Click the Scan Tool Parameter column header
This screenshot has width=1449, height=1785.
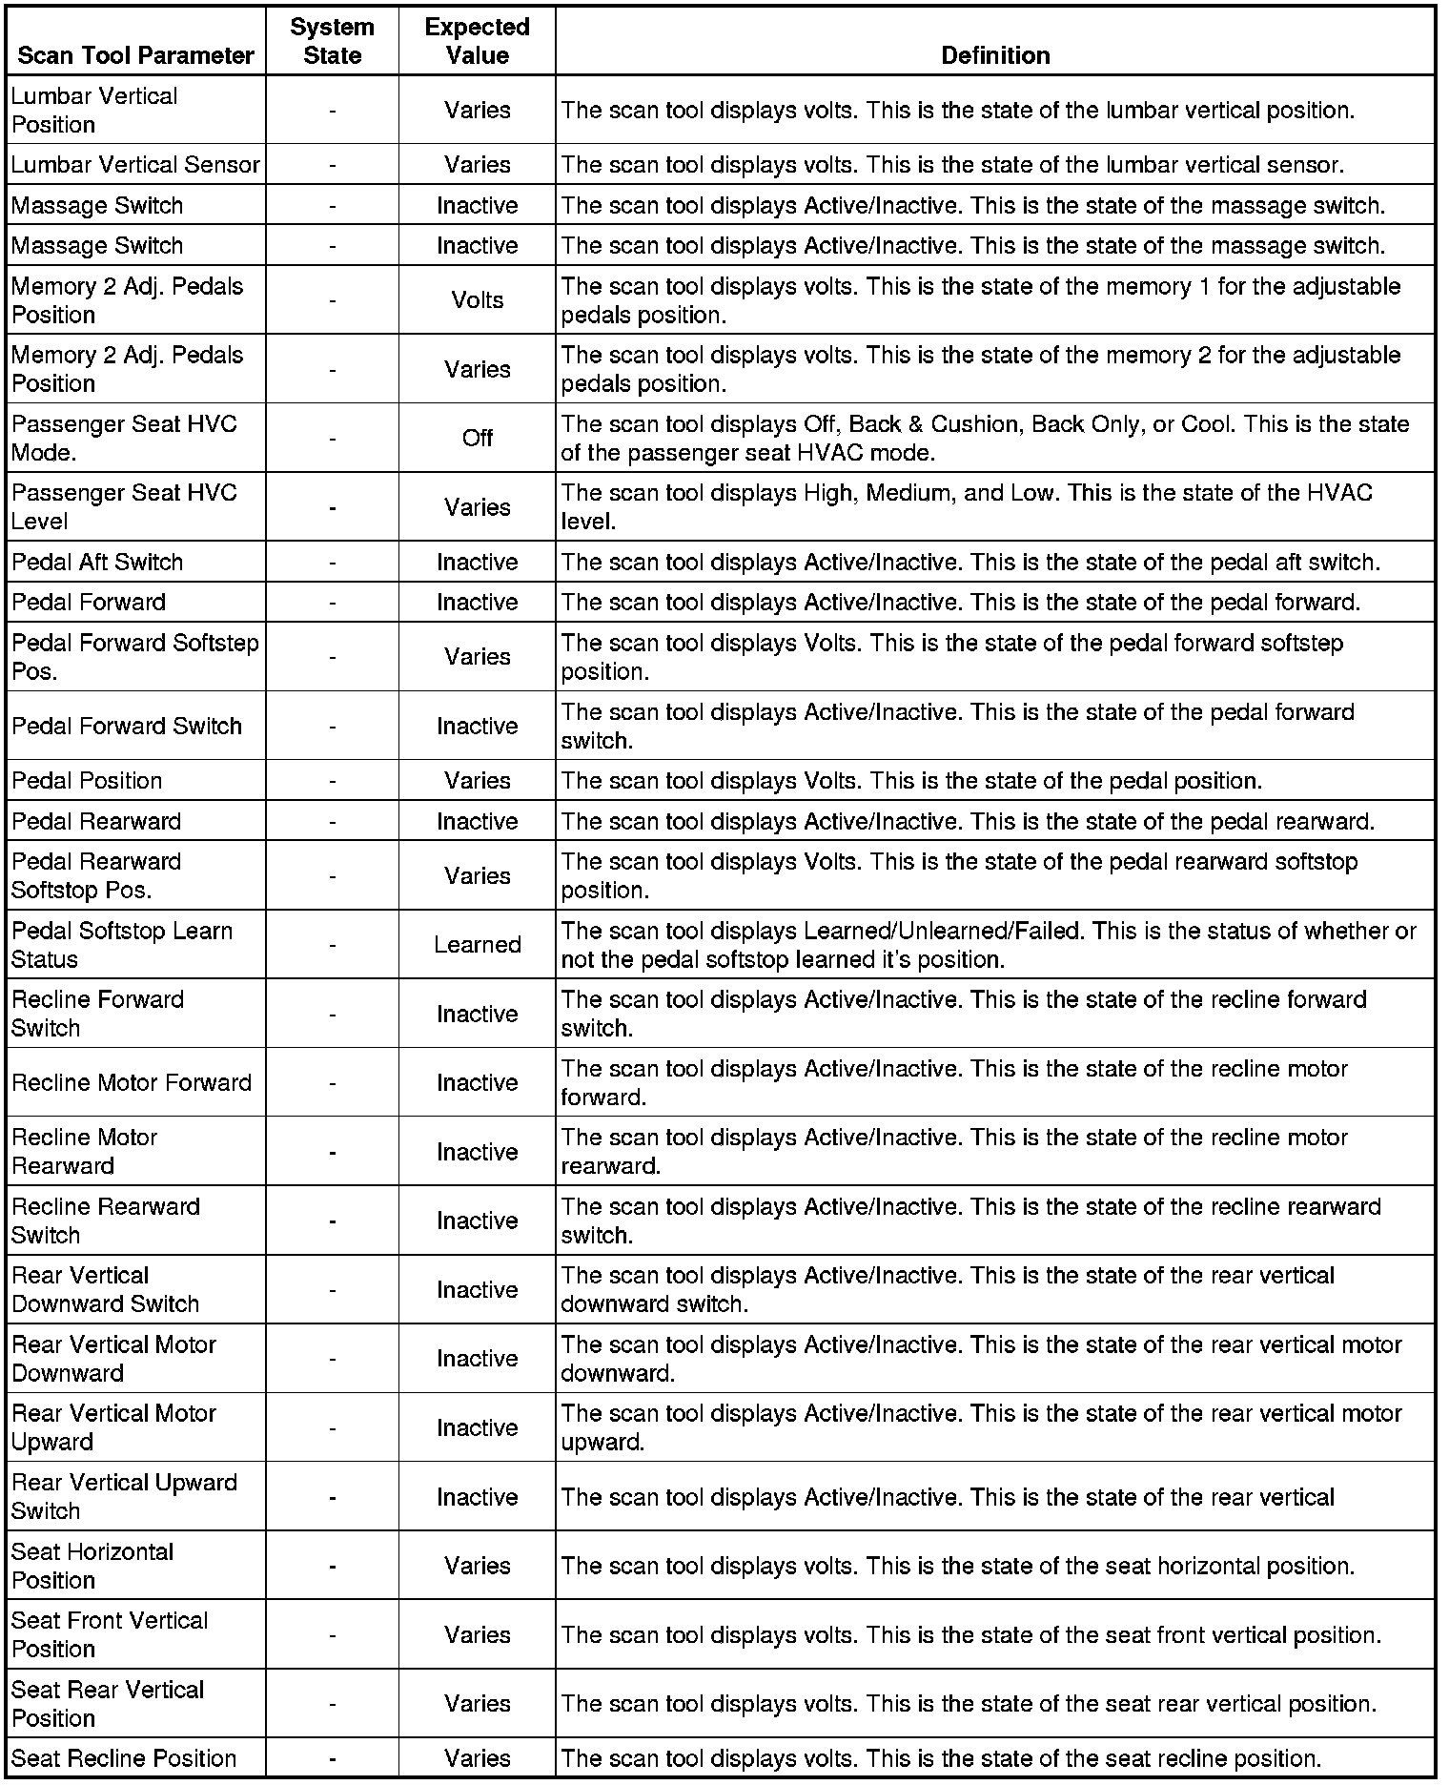coord(135,55)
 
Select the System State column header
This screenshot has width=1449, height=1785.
coord(332,41)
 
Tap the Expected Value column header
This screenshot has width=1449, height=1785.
coord(477,41)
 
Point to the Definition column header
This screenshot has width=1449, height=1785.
coord(994,55)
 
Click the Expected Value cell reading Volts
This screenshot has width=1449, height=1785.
coord(477,300)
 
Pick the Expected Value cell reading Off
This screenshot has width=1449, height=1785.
coord(477,438)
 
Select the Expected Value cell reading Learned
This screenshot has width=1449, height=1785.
coord(477,945)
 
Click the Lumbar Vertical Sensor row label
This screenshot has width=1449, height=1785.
coord(135,165)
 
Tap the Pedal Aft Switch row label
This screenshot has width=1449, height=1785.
coord(97,563)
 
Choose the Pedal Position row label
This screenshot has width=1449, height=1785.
coord(87,781)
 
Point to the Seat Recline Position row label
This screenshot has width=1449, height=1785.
coord(124,1758)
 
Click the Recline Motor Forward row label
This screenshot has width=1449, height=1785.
coord(132,1083)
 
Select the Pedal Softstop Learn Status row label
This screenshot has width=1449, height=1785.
coord(122,945)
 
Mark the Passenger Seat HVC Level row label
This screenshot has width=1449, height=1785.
coord(124,507)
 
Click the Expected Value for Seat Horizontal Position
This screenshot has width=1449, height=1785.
coord(477,1566)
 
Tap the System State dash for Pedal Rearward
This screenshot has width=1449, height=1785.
coord(332,822)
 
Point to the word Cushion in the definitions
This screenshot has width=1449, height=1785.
coord(974,424)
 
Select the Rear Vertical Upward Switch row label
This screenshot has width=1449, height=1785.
coord(124,1497)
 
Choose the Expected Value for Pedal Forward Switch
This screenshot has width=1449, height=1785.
coord(477,727)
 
